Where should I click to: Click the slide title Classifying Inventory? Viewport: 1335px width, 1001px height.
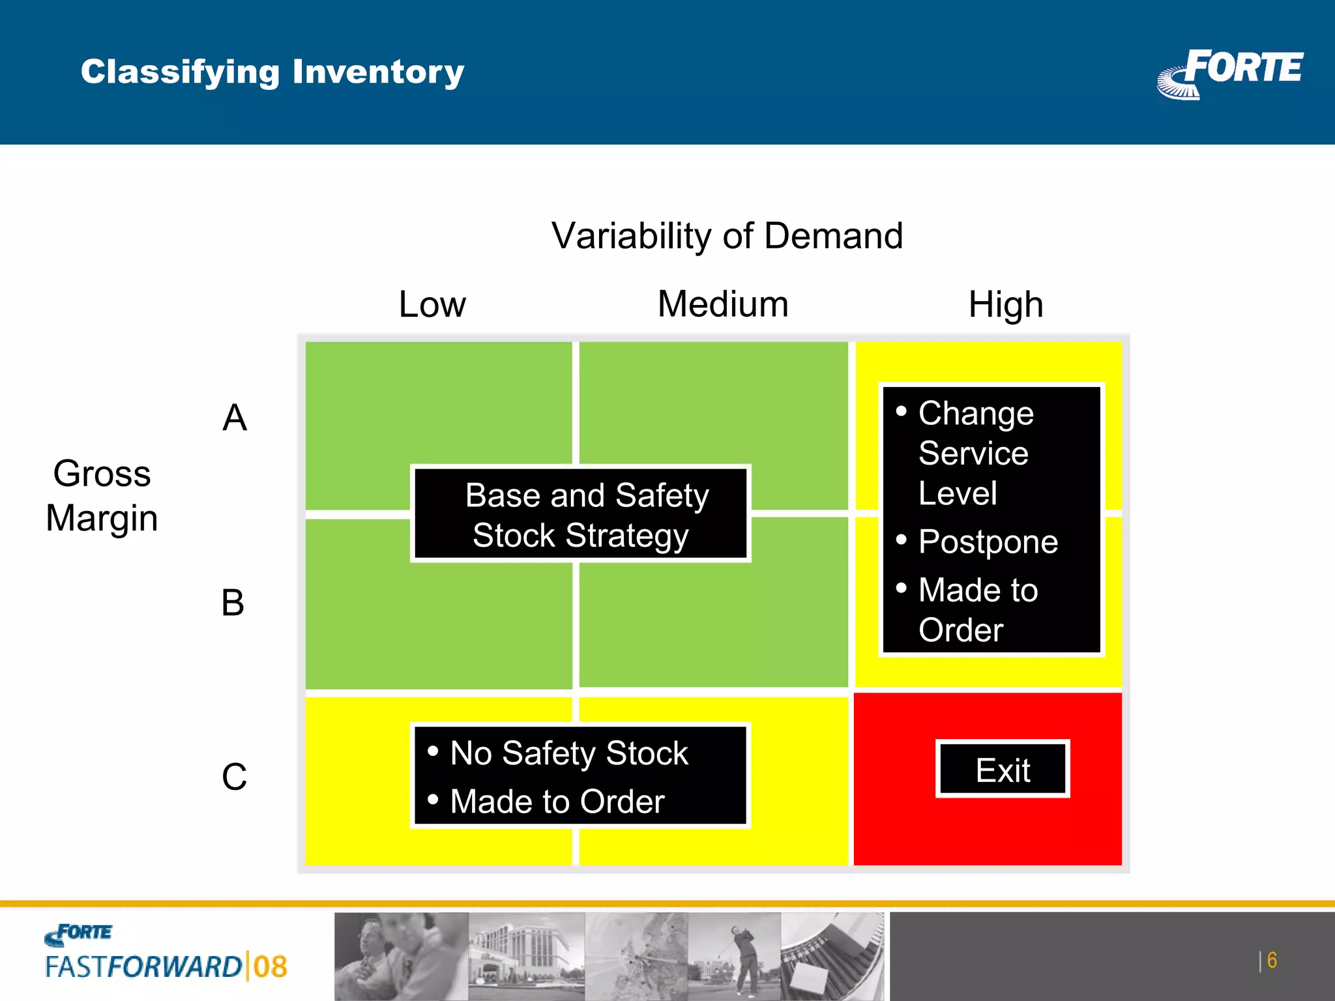[x=272, y=72]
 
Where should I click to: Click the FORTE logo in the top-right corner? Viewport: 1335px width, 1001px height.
[x=1231, y=73]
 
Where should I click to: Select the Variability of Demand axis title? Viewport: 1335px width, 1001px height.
[x=727, y=235]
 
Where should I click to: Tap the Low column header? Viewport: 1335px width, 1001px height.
[x=432, y=304]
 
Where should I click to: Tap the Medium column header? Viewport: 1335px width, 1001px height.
[x=723, y=304]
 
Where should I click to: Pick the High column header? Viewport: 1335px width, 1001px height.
[x=1005, y=304]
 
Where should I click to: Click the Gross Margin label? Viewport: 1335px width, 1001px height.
[x=102, y=495]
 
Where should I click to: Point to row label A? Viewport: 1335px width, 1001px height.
[x=235, y=418]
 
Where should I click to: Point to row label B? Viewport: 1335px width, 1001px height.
[x=233, y=603]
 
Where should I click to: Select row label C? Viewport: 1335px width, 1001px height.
[x=234, y=777]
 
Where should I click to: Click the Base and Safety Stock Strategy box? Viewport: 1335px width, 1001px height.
[x=581, y=514]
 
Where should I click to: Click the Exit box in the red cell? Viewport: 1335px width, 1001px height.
[x=1003, y=770]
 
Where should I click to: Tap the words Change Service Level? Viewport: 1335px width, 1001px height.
[x=975, y=453]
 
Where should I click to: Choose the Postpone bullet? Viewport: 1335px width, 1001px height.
[x=988, y=542]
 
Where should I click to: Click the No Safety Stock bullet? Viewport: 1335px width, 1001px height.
[x=568, y=753]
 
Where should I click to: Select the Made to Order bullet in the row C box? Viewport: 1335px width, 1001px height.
[x=557, y=802]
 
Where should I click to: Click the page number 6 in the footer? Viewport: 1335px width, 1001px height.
[x=1271, y=961]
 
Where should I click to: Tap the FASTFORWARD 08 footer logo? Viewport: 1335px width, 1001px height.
[x=166, y=954]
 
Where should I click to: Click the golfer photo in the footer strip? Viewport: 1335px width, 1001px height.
[x=735, y=956]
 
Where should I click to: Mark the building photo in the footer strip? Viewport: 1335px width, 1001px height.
[x=526, y=956]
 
